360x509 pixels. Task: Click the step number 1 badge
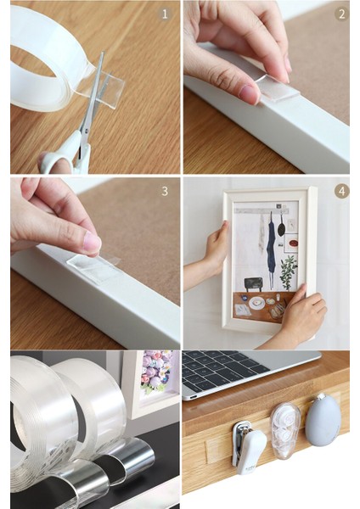[165, 14]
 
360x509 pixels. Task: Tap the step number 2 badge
[341, 14]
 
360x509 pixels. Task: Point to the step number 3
[165, 191]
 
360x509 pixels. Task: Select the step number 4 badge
[341, 191]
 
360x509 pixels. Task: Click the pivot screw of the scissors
[86, 131]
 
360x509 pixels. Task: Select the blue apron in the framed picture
[273, 247]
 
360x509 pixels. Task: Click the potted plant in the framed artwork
[289, 272]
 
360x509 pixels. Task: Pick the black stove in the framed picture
[253, 284]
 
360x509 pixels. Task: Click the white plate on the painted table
[256, 303]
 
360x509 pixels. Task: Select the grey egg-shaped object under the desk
[323, 421]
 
